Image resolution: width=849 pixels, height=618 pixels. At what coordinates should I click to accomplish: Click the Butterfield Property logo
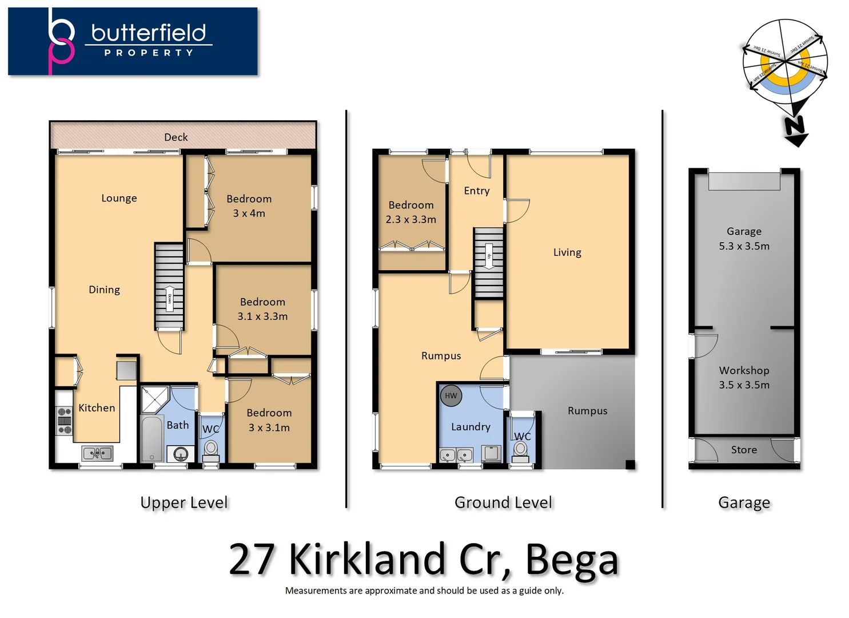(x=133, y=41)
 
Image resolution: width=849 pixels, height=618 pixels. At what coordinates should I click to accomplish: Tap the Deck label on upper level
(x=176, y=137)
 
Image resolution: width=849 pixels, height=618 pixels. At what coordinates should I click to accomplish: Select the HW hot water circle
(x=451, y=395)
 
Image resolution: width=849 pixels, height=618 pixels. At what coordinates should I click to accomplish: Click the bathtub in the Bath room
(x=152, y=438)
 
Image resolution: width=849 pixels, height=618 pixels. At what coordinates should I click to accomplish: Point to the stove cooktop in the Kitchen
(x=65, y=421)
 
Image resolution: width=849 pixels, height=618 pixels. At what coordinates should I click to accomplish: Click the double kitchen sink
(x=97, y=453)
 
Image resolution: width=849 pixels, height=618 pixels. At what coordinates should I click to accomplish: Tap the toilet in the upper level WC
(x=211, y=450)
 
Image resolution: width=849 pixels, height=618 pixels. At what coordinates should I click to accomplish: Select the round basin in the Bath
(x=181, y=454)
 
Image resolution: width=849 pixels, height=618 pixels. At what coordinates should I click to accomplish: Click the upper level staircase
(x=169, y=286)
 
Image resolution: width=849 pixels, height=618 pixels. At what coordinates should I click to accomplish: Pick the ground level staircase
(x=488, y=262)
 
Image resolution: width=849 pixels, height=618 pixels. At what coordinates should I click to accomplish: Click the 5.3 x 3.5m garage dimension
(x=744, y=246)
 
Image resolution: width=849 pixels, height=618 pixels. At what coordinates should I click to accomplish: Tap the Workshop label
(x=744, y=370)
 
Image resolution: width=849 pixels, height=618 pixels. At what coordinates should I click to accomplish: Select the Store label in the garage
(x=744, y=450)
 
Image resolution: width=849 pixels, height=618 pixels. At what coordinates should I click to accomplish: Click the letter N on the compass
(x=795, y=126)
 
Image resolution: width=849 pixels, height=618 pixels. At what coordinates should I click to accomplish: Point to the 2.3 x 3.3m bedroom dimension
(x=410, y=219)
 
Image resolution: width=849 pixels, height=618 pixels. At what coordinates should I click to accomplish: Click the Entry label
(x=476, y=191)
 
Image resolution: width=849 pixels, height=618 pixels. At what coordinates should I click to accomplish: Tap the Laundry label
(x=471, y=427)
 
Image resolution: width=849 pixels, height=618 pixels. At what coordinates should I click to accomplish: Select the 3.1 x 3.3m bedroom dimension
(x=262, y=316)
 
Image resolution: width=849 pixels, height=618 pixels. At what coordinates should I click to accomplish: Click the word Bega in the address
(x=572, y=560)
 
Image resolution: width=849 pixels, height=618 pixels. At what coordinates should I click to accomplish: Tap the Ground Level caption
(x=503, y=502)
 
